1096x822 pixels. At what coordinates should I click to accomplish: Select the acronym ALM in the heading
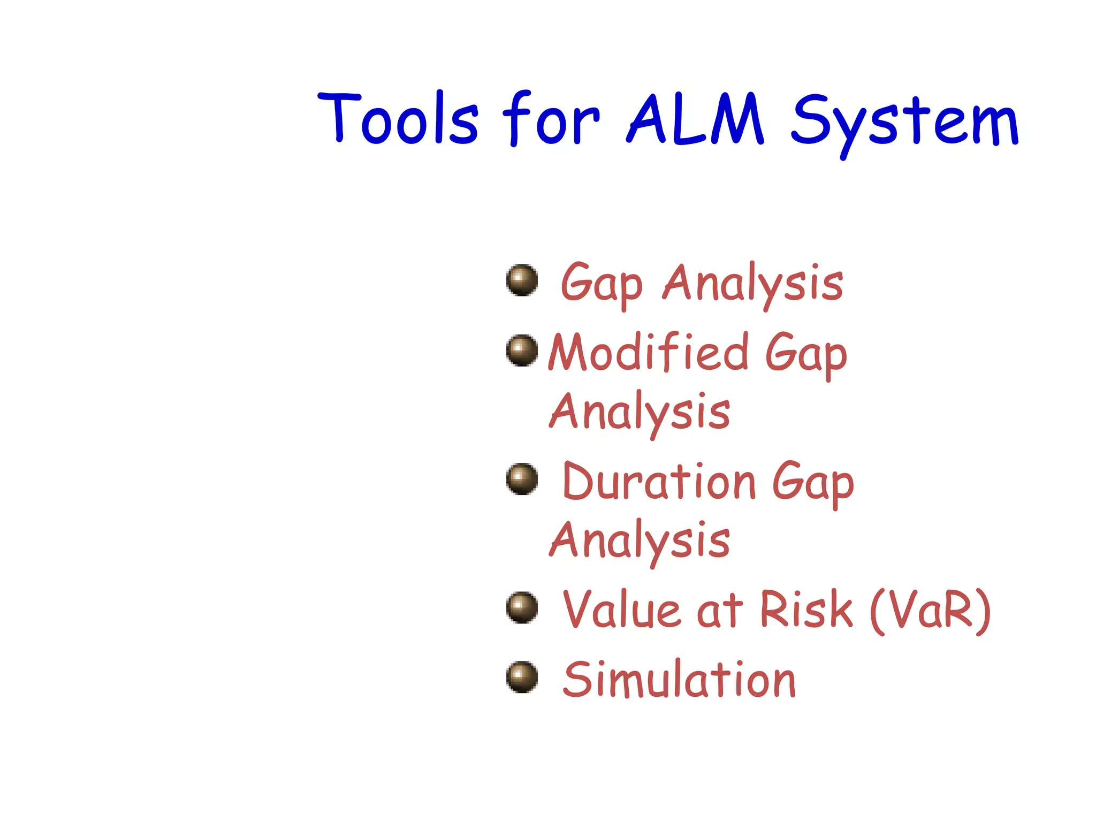pyautogui.click(x=695, y=119)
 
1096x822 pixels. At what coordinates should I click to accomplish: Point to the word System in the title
pyautogui.click(x=904, y=122)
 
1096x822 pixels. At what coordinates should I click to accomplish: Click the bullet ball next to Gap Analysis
pyautogui.click(x=522, y=280)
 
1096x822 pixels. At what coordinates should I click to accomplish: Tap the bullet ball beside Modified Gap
pyautogui.click(x=522, y=351)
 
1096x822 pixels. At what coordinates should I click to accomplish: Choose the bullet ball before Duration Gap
pyautogui.click(x=522, y=479)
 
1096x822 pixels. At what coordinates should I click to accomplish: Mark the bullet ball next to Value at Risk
pyautogui.click(x=522, y=607)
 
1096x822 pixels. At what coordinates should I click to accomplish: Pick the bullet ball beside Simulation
pyautogui.click(x=522, y=678)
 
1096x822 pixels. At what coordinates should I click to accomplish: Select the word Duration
pyautogui.click(x=659, y=482)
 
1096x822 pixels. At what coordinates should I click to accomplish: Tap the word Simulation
pyautogui.click(x=679, y=680)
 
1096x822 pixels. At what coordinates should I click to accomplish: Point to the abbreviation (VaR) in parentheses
pyautogui.click(x=931, y=610)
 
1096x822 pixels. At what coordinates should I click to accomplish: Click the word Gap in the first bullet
pyautogui.click(x=600, y=284)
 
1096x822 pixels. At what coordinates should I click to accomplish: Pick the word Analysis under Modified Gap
pyautogui.click(x=640, y=412)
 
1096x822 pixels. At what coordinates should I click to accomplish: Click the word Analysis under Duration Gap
pyautogui.click(x=640, y=541)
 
